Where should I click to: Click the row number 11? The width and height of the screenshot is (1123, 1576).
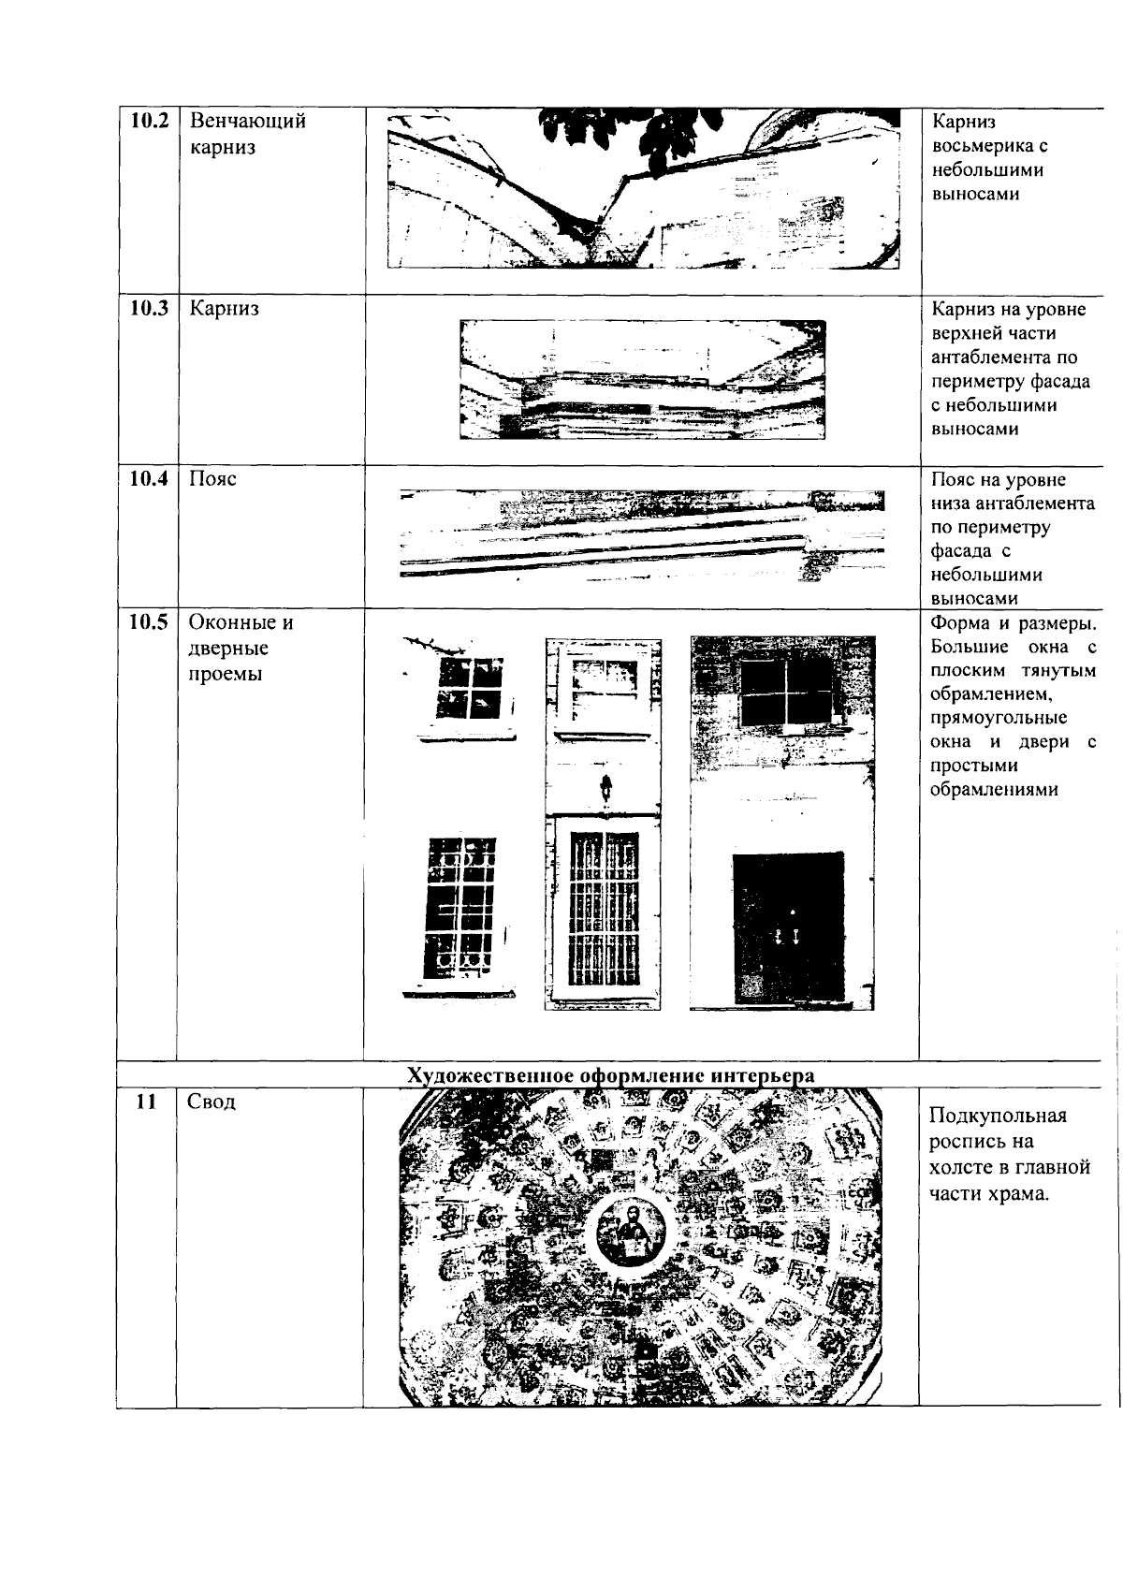pos(145,1102)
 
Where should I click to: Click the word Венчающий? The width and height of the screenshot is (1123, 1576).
pos(247,122)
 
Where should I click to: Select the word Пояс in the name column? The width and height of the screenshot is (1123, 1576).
pos(212,479)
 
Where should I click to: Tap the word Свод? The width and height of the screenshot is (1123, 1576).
pos(211,1102)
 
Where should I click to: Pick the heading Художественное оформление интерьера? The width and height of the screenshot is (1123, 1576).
pos(610,1075)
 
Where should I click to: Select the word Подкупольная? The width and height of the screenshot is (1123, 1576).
pos(998,1116)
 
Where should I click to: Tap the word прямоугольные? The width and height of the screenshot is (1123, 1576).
pos(999,719)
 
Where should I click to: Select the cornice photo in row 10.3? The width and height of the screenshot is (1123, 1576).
pos(643,379)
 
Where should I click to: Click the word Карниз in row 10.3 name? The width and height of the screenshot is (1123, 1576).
pos(224,309)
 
